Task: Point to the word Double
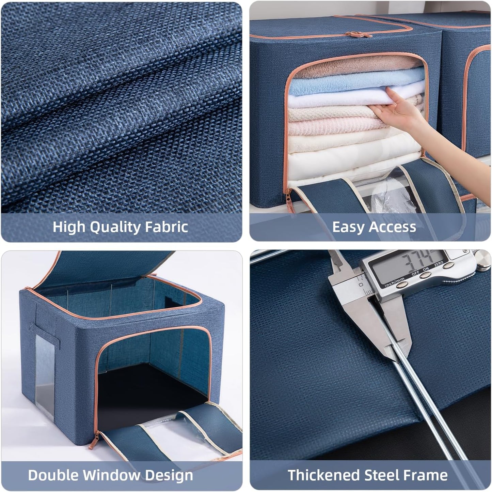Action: [53, 475]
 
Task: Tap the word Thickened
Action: [323, 475]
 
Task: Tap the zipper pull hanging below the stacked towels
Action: [289, 201]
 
